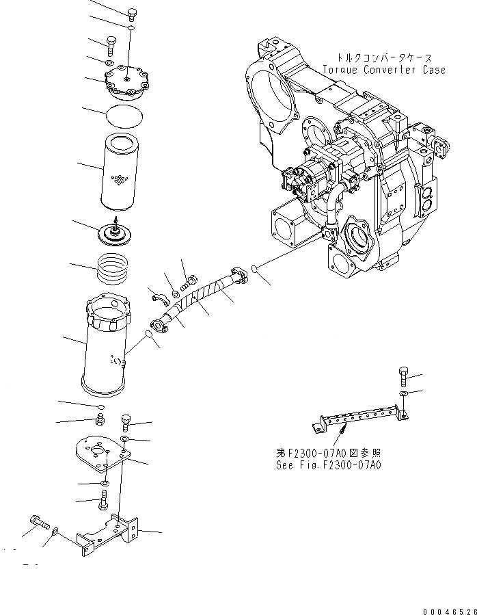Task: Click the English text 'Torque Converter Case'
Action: [x=385, y=70]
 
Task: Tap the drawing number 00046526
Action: [x=447, y=608]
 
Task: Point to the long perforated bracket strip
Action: [x=359, y=418]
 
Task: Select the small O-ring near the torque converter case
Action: [x=254, y=269]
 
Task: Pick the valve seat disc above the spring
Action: [x=115, y=233]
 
